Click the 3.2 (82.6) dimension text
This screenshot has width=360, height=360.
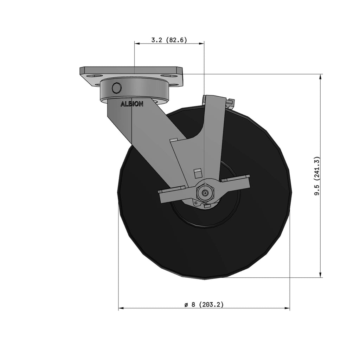coord(169,40)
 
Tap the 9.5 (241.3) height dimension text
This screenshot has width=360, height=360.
coord(317,176)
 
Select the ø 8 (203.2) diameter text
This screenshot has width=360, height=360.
coord(204,304)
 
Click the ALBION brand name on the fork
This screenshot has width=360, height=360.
coord(132,104)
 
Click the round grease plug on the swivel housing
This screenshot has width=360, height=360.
coord(116,88)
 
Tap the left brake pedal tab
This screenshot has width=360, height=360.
coord(172,194)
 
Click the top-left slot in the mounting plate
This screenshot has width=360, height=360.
coord(94,76)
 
